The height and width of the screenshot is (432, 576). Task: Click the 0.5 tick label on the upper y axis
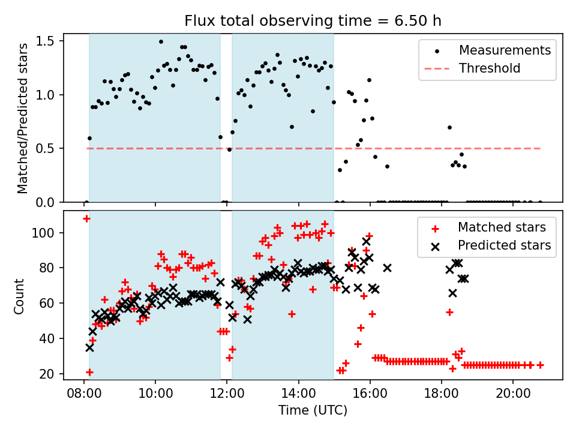pos(44,149)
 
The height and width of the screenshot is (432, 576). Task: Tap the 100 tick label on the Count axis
pos(43,233)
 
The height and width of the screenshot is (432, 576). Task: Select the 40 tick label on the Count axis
pos(46,338)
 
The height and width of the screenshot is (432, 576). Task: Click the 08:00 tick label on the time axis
pos(84,394)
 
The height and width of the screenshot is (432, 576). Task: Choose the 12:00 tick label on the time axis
pos(227,394)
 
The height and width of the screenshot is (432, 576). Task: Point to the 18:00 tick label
pos(442,394)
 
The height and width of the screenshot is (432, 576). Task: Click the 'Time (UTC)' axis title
pos(313,410)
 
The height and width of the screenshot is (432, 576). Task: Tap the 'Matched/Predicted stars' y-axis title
pos(22,118)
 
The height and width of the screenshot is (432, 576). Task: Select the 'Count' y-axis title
pos(19,296)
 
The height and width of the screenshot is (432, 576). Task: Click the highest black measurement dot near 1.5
pos(161,42)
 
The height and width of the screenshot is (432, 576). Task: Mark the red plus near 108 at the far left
pos(86,219)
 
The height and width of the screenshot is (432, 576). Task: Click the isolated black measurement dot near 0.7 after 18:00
pos(449,127)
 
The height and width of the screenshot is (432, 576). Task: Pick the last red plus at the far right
pos(540,365)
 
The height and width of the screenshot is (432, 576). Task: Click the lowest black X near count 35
pos(89,347)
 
